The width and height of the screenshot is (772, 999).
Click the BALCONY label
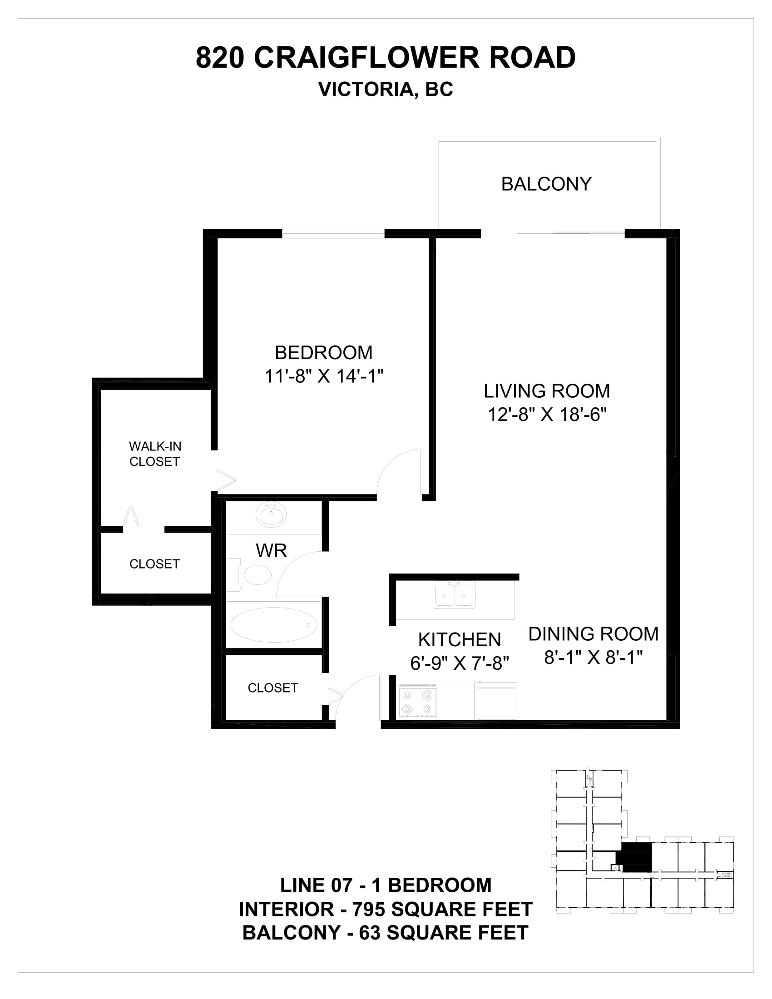coord(546,184)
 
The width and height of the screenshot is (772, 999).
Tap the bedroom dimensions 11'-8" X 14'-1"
coord(324,376)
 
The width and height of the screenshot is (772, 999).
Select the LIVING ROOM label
coord(547,391)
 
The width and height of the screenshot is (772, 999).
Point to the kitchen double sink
coord(454,595)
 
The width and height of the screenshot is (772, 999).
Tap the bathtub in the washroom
coord(273,625)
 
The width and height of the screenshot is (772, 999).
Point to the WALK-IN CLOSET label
coord(155,454)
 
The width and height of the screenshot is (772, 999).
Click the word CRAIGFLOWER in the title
coord(367,58)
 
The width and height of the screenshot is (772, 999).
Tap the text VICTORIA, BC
coord(386,89)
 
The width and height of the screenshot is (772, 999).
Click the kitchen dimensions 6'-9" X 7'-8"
coord(459,663)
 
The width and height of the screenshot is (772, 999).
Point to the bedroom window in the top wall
coord(333,234)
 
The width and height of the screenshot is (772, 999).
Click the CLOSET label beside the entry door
coord(272,688)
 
